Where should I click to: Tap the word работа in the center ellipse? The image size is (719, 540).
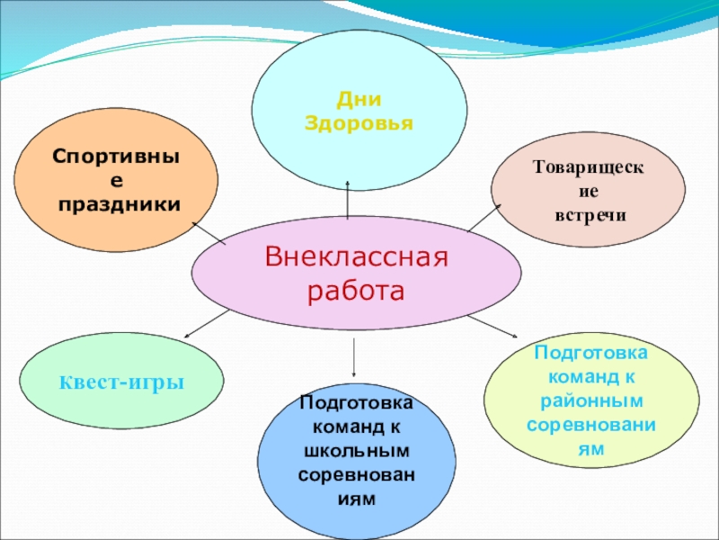click(357, 292)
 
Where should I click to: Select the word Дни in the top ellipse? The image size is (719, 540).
click(359, 101)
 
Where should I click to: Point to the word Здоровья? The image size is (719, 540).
click(359, 123)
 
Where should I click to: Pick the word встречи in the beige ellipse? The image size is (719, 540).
click(589, 216)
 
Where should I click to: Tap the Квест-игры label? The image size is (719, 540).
click(121, 382)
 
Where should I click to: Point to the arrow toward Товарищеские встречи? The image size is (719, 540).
click(484, 217)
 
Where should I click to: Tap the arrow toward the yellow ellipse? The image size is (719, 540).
click(491, 326)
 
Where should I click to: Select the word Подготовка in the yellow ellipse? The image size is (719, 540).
click(590, 351)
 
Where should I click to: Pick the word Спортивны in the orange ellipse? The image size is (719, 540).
click(117, 157)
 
